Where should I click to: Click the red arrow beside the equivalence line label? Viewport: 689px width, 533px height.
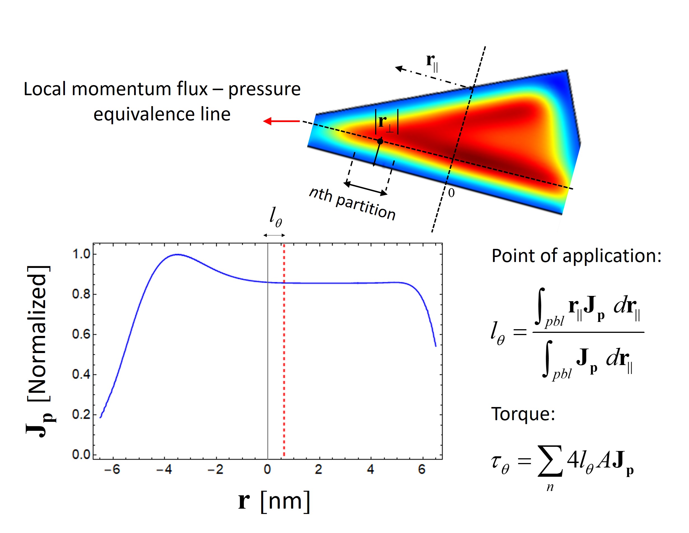281,121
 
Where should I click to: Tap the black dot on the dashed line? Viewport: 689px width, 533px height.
380,141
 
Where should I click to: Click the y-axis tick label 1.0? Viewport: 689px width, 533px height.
81,254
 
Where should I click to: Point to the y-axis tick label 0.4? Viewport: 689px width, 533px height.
81,374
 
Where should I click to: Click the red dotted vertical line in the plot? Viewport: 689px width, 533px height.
284,363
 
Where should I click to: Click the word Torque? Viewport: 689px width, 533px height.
523,414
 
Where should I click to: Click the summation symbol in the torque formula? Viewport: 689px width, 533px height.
550,461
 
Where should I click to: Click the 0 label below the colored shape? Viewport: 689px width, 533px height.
451,193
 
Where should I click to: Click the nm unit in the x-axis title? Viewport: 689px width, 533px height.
285,501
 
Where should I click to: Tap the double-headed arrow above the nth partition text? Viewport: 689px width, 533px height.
365,188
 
